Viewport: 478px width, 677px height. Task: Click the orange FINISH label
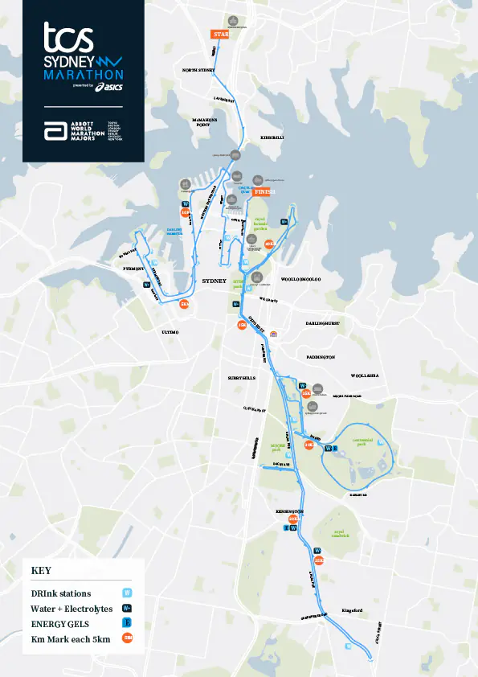click(x=265, y=192)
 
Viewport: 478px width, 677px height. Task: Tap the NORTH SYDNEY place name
click(x=200, y=71)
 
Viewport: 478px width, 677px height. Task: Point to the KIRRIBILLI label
click(x=273, y=138)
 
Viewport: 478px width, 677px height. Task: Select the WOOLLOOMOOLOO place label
click(x=300, y=280)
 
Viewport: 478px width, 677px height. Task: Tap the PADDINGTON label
click(x=321, y=356)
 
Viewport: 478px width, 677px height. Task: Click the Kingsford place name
click(x=353, y=611)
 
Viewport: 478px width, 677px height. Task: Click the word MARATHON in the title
click(x=84, y=74)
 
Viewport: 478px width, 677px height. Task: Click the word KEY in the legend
click(x=41, y=570)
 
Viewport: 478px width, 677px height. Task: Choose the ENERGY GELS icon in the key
click(x=126, y=623)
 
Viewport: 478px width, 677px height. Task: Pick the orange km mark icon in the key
click(x=126, y=638)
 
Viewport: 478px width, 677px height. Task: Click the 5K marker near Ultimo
click(x=186, y=305)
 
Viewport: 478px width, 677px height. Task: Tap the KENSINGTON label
click(x=290, y=511)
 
